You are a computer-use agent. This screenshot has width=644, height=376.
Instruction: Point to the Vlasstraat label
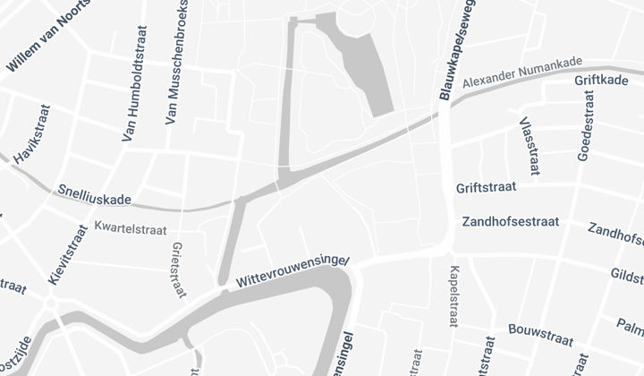(x=524, y=138)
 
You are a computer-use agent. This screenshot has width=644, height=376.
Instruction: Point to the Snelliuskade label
(x=93, y=194)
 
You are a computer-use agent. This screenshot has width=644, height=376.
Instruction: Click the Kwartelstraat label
(x=130, y=228)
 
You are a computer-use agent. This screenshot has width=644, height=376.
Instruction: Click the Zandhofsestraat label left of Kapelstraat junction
(x=510, y=221)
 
